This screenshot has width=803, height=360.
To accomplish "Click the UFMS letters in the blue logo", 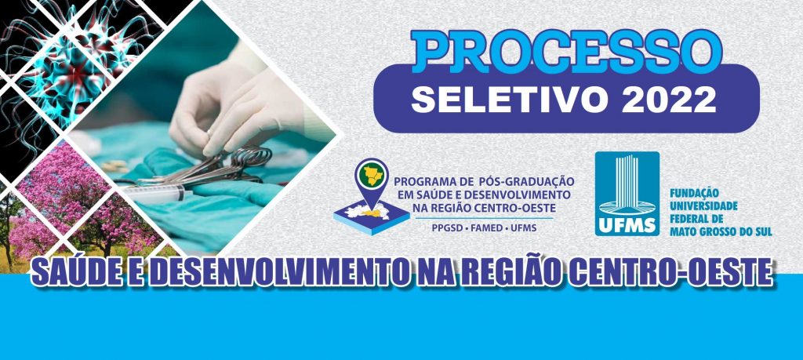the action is click(x=627, y=225).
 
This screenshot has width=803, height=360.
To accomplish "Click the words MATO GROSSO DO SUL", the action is click(x=721, y=231).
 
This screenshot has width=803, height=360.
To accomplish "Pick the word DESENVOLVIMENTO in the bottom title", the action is click(x=277, y=272).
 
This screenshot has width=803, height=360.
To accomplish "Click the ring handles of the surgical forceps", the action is click(x=251, y=157).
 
